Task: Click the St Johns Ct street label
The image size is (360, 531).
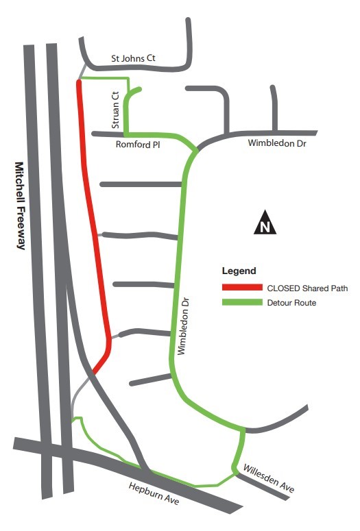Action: pos(133,59)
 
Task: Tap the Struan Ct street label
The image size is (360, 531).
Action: pos(116,110)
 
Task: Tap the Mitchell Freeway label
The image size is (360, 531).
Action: pos(19,206)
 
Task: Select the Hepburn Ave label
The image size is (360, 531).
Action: pos(154,494)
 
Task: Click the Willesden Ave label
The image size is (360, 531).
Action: pos(268,478)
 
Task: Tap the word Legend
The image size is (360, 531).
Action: pos(239,271)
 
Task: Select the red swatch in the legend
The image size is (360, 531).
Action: pos(241,288)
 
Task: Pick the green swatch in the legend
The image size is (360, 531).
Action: pos(241,302)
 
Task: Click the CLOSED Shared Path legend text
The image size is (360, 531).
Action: pos(307,288)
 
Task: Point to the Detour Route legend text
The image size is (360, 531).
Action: pos(291,303)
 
